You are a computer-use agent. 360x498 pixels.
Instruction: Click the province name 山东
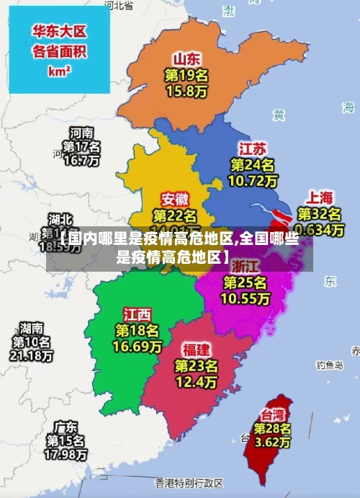(186, 58)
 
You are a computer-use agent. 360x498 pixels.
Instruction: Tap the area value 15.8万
(186, 92)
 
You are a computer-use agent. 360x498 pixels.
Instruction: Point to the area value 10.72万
(252, 182)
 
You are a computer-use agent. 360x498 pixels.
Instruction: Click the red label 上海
(320, 197)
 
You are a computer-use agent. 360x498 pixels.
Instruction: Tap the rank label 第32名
(320, 214)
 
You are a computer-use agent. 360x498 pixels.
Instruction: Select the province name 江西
(137, 314)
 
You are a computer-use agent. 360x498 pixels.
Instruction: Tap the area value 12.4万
(196, 381)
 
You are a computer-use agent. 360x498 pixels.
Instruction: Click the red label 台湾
(272, 414)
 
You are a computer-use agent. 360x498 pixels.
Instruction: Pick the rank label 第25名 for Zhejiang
(245, 282)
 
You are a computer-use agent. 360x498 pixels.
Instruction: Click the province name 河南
(81, 133)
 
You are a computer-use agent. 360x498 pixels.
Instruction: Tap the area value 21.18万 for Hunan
(30, 356)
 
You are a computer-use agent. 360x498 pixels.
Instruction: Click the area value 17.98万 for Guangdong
(66, 455)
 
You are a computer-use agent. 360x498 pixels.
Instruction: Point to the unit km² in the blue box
(59, 71)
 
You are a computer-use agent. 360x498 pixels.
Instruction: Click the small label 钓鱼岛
(330, 365)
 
